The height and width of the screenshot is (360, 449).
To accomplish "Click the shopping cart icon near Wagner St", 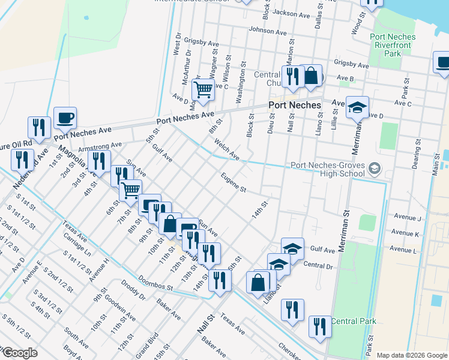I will (203, 90).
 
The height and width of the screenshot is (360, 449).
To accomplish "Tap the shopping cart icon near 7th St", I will (130, 191).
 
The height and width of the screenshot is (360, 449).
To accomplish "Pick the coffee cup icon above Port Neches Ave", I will (65, 118).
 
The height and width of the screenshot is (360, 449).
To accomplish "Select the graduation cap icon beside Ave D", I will (357, 107).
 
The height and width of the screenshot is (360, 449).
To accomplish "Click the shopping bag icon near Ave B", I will (311, 76).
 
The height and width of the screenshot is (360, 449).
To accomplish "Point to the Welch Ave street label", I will (227, 150).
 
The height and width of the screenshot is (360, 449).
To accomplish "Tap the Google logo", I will (19, 353).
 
